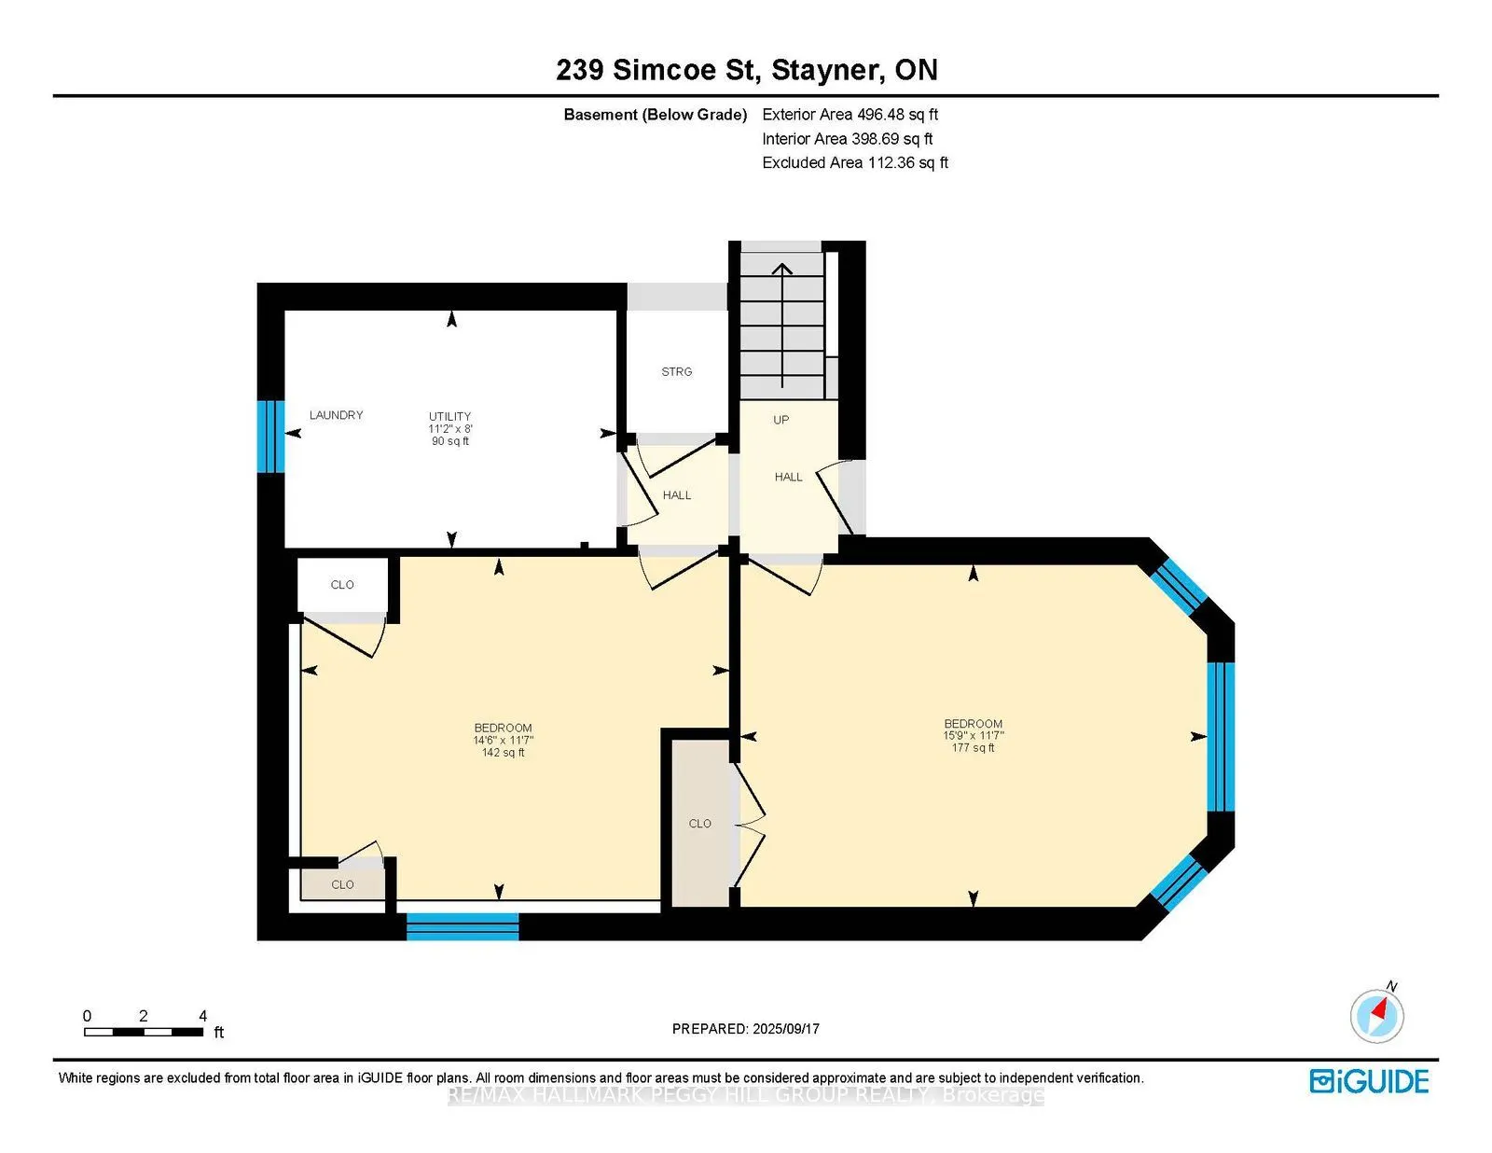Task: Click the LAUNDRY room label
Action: [336, 415]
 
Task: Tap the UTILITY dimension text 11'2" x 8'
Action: [450, 429]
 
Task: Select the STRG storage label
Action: [677, 371]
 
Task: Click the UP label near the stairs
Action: [781, 420]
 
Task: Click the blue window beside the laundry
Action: [270, 436]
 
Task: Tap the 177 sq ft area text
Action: [973, 748]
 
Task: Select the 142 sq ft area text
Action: [503, 753]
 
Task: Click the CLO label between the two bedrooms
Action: [699, 824]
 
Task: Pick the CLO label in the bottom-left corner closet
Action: [342, 884]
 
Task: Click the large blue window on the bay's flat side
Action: [1221, 737]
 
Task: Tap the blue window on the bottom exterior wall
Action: [463, 925]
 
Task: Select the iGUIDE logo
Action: [1369, 1081]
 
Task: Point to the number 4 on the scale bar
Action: [202, 1016]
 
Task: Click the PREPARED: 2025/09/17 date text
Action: [745, 1029]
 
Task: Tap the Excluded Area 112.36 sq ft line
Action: [855, 162]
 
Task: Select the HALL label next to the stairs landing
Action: [788, 477]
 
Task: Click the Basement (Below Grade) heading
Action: [655, 115]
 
